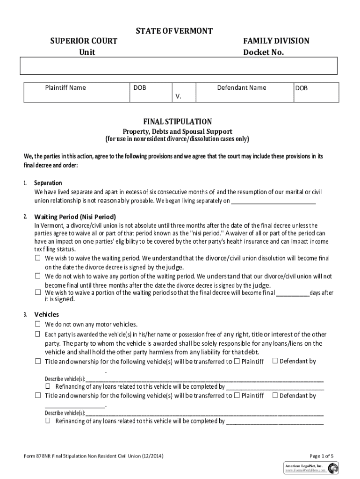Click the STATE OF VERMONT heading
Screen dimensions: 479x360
[x=174, y=31]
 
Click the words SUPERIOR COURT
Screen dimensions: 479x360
[x=84, y=41]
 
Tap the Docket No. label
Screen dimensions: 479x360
[x=263, y=52]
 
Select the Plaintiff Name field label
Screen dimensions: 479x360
[x=65, y=87]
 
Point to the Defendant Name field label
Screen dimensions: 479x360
[x=242, y=87]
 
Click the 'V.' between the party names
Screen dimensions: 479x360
[x=178, y=96]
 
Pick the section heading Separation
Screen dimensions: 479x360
[x=48, y=182]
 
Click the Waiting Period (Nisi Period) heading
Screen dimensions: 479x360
[x=75, y=217]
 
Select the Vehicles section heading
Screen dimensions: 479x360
[x=46, y=314]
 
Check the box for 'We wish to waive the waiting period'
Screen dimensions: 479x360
[x=38, y=258]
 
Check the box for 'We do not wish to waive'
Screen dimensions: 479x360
[x=38, y=276]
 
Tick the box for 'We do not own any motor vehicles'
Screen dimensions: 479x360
[x=38, y=324]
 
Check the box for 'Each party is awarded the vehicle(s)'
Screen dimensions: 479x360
[x=38, y=334]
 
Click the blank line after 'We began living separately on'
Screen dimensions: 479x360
[x=274, y=202]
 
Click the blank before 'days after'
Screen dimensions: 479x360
[x=293, y=293]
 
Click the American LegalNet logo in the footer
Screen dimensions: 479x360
[x=333, y=468]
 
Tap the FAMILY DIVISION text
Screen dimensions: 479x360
[x=276, y=41]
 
